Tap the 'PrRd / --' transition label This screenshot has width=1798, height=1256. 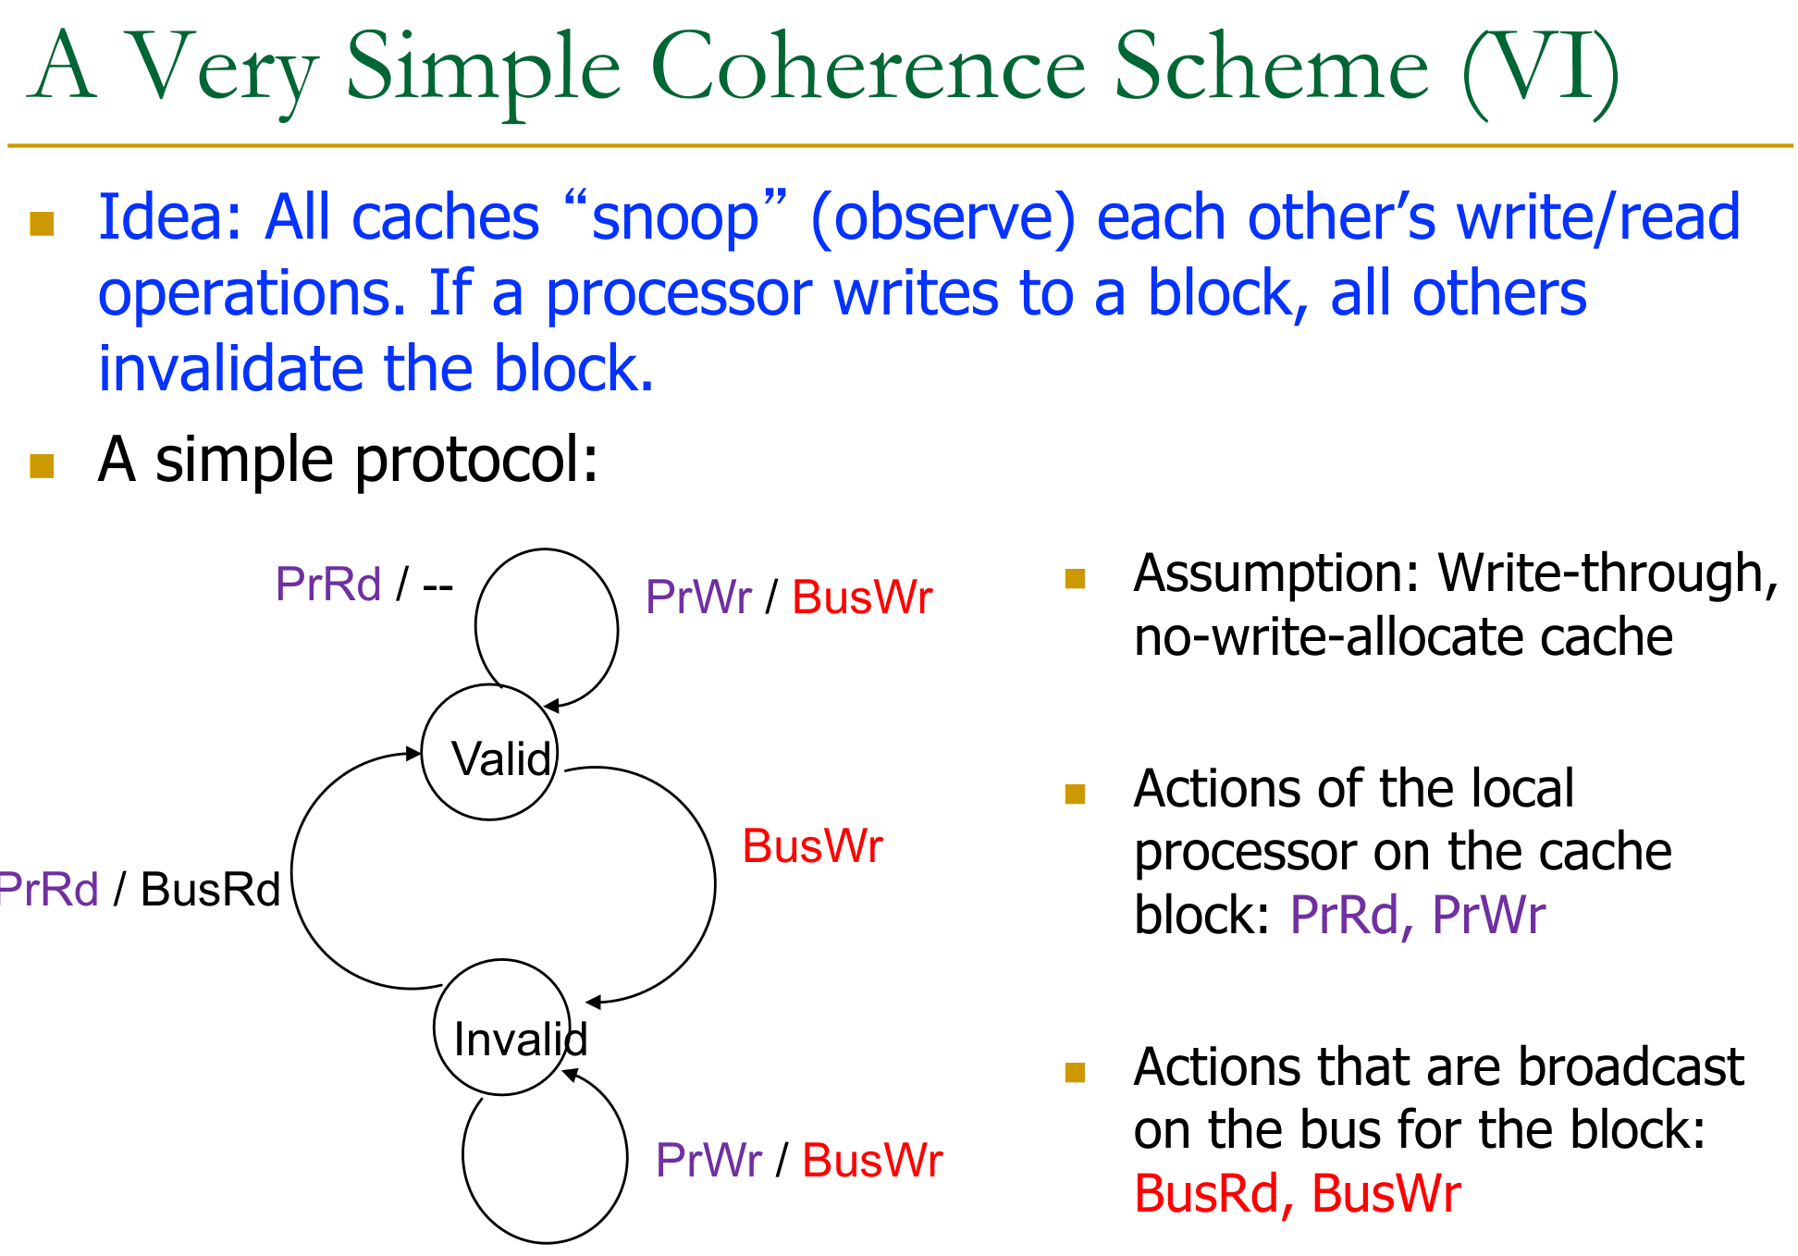pyautogui.click(x=364, y=585)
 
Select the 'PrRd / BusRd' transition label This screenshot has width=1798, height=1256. pyautogui.click(x=139, y=890)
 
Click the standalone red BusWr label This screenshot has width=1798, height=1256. pyautogui.click(x=813, y=846)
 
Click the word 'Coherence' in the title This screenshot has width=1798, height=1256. pyautogui.click(x=868, y=68)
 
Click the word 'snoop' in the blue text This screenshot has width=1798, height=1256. pyautogui.click(x=674, y=218)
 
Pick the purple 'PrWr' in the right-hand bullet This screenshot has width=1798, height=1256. pyautogui.click(x=1488, y=916)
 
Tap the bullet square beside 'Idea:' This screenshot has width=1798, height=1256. pyautogui.click(x=42, y=224)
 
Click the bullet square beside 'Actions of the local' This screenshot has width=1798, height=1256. pyautogui.click(x=1075, y=794)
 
